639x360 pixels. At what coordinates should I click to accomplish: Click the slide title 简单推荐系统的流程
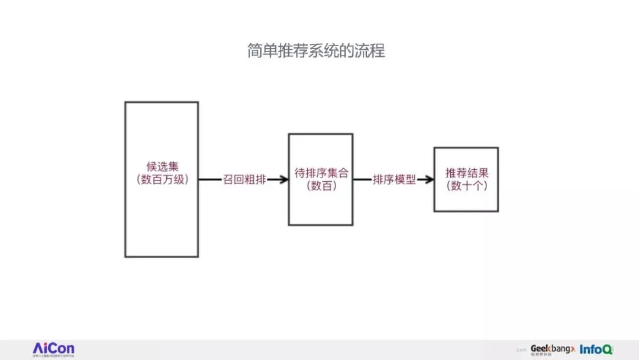[x=316, y=51]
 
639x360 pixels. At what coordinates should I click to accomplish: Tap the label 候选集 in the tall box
[x=162, y=167]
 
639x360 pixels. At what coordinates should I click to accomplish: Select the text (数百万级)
[x=162, y=180]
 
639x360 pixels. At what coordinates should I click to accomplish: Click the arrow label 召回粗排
[x=244, y=180]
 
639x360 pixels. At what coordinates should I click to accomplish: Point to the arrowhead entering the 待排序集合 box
[x=282, y=180]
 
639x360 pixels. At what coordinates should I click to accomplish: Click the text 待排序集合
[x=321, y=173]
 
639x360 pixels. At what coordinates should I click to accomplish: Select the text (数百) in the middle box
[x=321, y=187]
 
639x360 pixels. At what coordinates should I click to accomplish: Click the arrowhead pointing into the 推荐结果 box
[x=428, y=180]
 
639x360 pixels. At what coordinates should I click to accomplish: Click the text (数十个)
[x=467, y=187]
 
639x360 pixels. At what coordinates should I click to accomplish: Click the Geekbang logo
[x=551, y=349]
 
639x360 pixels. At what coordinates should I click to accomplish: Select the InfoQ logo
[x=596, y=349]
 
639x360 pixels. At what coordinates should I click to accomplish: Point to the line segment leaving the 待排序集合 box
[x=362, y=180]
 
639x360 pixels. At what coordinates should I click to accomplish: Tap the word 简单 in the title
[x=261, y=51]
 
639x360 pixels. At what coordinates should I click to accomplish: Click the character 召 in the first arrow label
[x=228, y=180]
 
